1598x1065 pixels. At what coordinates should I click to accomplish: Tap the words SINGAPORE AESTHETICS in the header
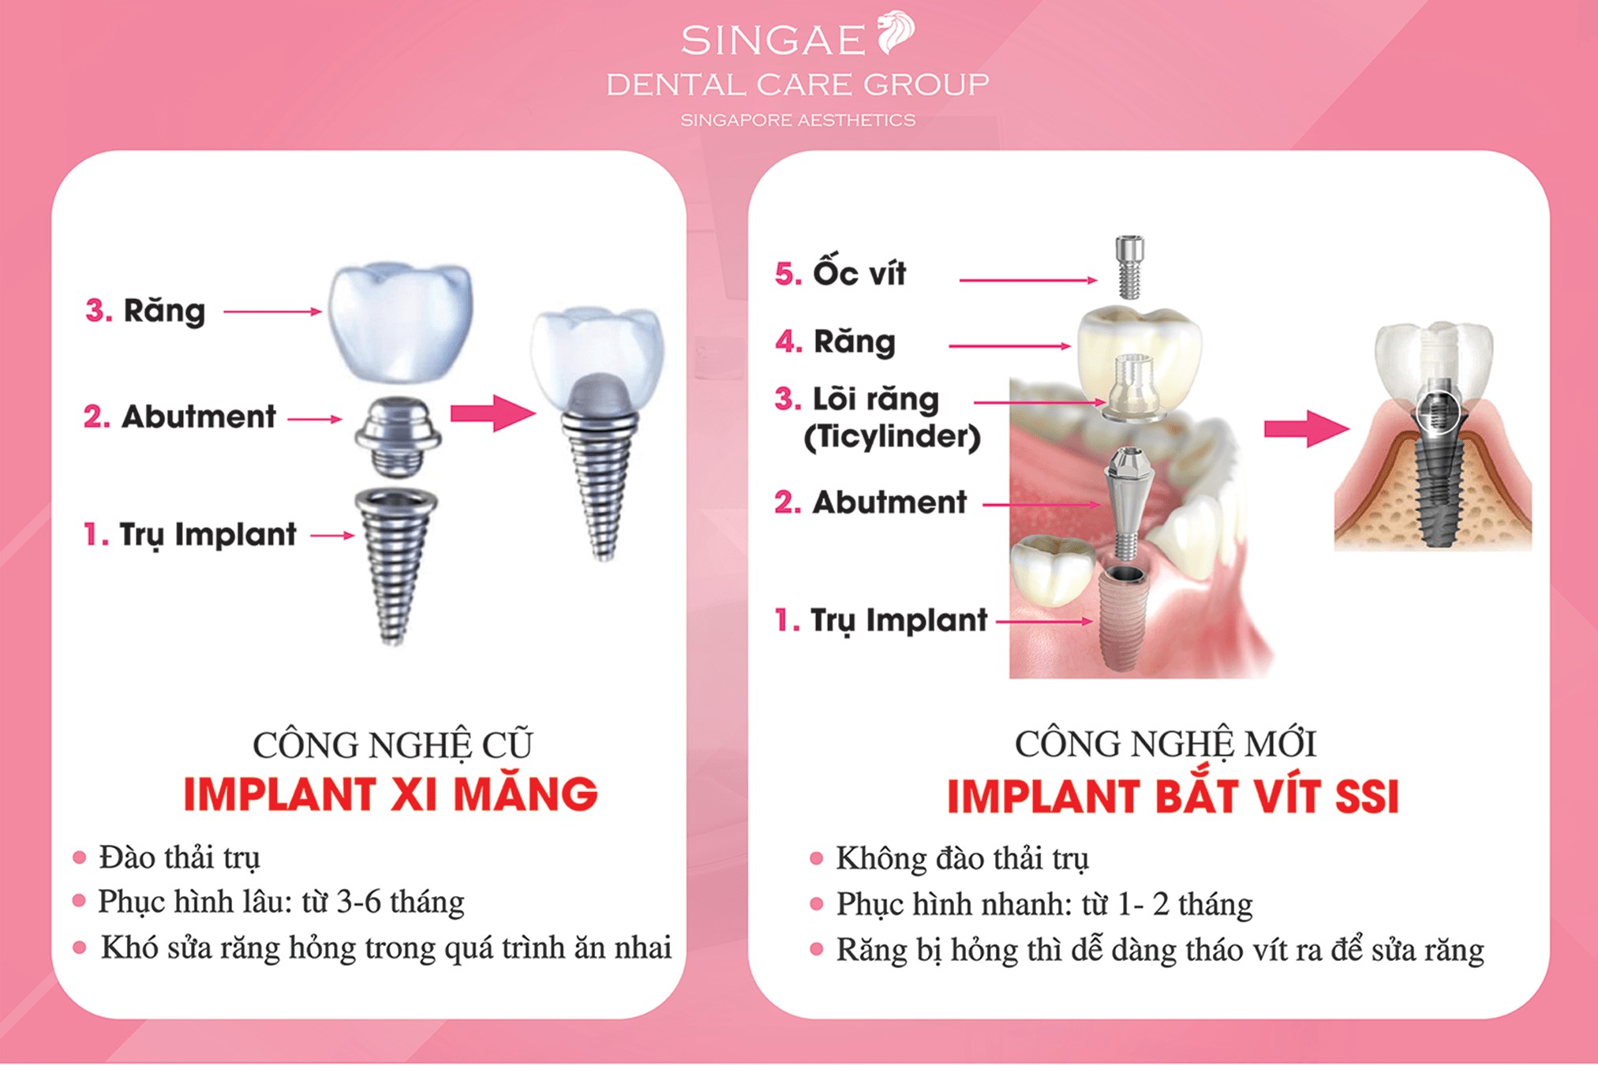click(798, 121)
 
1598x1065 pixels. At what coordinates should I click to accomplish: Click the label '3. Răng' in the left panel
click(146, 311)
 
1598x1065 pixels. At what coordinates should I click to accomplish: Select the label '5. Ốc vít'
click(840, 274)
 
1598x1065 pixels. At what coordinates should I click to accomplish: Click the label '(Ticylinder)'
click(892, 436)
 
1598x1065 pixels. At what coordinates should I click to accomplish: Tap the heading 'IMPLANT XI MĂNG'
click(391, 794)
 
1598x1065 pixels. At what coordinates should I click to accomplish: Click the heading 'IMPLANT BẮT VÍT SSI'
click(1173, 796)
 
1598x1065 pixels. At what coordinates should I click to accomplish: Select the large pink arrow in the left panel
click(492, 413)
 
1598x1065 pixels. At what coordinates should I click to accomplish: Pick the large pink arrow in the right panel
click(1305, 428)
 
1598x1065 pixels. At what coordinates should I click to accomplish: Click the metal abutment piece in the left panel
click(397, 436)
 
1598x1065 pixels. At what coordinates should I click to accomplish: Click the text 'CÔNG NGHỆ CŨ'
click(392, 745)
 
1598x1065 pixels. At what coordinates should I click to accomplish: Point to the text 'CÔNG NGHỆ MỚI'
click(1165, 744)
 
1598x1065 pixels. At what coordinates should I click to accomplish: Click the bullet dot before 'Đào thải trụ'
click(79, 858)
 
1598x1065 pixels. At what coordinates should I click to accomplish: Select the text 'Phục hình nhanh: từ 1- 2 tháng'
click(1044, 904)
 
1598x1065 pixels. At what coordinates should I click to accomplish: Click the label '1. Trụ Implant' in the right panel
click(881, 621)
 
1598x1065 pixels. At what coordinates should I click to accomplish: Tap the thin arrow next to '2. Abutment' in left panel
click(314, 419)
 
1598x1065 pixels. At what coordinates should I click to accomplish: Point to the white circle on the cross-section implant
click(1437, 410)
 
